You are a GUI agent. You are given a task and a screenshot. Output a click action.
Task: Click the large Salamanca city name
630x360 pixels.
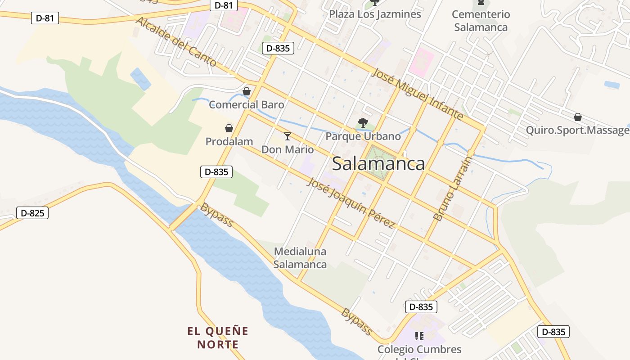(x=378, y=164)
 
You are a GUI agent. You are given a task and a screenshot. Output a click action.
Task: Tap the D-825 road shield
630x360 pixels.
(x=32, y=213)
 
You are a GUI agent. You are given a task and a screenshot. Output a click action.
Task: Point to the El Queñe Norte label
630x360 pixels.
(x=218, y=338)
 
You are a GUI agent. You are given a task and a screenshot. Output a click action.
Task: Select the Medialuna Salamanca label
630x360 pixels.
(x=300, y=258)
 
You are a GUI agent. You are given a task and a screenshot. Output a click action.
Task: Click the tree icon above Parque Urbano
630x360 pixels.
(x=363, y=122)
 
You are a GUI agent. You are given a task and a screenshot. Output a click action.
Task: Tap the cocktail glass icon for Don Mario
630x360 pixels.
(x=288, y=136)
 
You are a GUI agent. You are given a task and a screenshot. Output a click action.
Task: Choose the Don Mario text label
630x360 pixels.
(x=288, y=149)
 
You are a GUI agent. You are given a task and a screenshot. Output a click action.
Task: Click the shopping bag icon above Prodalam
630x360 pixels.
(x=229, y=129)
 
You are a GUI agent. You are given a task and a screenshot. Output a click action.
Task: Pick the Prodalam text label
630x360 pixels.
(x=229, y=142)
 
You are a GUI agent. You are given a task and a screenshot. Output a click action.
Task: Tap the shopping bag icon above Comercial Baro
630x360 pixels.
(x=247, y=92)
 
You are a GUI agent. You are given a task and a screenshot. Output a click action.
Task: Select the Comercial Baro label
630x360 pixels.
(x=247, y=105)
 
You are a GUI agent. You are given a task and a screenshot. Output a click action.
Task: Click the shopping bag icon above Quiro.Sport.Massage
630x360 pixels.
(x=578, y=117)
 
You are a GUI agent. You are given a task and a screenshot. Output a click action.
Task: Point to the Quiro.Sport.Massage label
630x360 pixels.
(x=578, y=130)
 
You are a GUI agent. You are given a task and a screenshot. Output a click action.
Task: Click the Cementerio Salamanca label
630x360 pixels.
(x=481, y=21)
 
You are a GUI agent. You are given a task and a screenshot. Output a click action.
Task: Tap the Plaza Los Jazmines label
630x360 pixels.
(x=375, y=14)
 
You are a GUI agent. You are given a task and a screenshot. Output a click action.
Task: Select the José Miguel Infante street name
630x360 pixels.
(x=418, y=94)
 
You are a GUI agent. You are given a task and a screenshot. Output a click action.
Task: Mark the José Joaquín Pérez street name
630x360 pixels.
(x=351, y=202)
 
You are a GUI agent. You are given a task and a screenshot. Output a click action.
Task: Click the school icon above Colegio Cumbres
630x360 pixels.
(x=419, y=336)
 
